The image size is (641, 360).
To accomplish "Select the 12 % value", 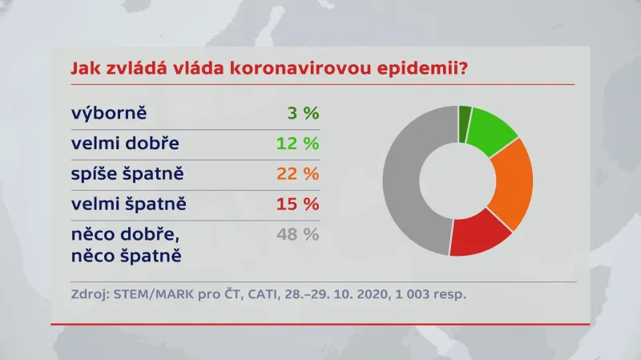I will (x=299, y=144).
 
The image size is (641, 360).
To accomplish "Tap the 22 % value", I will (x=298, y=174).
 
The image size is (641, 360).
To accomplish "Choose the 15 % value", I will (x=299, y=204).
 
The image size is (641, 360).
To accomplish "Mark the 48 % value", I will (x=299, y=235).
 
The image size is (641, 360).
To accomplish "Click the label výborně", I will (x=111, y=113).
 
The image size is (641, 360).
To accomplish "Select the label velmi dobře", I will (x=125, y=144).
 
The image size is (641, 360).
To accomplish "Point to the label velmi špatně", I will (x=129, y=204).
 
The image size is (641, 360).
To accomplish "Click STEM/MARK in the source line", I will (x=147, y=293).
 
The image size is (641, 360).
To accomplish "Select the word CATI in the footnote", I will (x=256, y=293).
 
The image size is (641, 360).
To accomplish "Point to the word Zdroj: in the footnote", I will (x=89, y=293).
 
